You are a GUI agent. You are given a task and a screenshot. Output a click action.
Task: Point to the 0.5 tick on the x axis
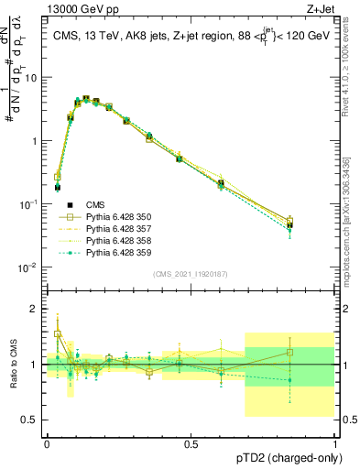click(x=191, y=444)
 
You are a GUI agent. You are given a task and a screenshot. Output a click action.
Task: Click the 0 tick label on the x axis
click(x=47, y=444)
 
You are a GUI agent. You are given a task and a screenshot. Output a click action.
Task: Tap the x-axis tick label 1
click(x=334, y=444)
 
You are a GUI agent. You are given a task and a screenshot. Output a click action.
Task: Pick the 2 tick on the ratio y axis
click(x=37, y=309)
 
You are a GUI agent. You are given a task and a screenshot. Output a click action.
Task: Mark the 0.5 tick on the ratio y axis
click(x=33, y=420)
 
